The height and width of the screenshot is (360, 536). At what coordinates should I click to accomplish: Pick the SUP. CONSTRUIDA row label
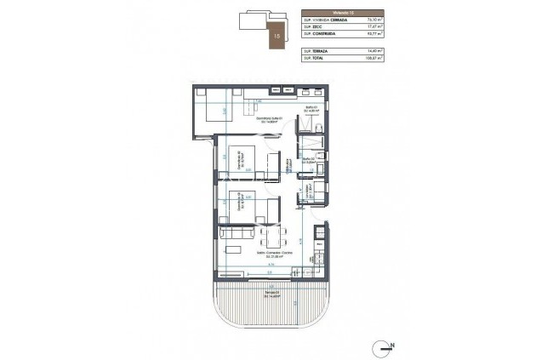pos(319,35)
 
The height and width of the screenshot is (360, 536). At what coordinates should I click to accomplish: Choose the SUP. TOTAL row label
pos(315,60)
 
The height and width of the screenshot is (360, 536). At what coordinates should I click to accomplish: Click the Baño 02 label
pos(307,159)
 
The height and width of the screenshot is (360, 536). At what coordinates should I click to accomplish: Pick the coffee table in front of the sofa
pos(234,248)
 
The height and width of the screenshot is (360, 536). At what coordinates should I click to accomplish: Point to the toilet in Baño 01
pos(317,128)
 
